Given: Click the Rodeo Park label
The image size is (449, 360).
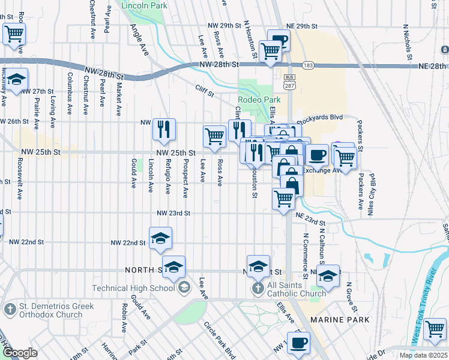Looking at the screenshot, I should tap(259, 100).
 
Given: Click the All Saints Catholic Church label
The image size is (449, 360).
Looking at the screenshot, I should tap(297, 289).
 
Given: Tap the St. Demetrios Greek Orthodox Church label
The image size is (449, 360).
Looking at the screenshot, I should tap(51, 310).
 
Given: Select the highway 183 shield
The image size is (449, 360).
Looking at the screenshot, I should tap(309, 65).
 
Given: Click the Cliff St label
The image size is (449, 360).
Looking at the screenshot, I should tap(205, 88).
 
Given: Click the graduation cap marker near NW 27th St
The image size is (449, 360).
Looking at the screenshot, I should tap(16, 79).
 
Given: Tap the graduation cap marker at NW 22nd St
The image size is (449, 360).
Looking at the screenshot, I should tap(160, 238).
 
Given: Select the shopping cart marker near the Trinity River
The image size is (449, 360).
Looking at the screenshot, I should tap(435, 329).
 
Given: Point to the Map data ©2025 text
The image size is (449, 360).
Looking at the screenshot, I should tap(423, 355).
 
